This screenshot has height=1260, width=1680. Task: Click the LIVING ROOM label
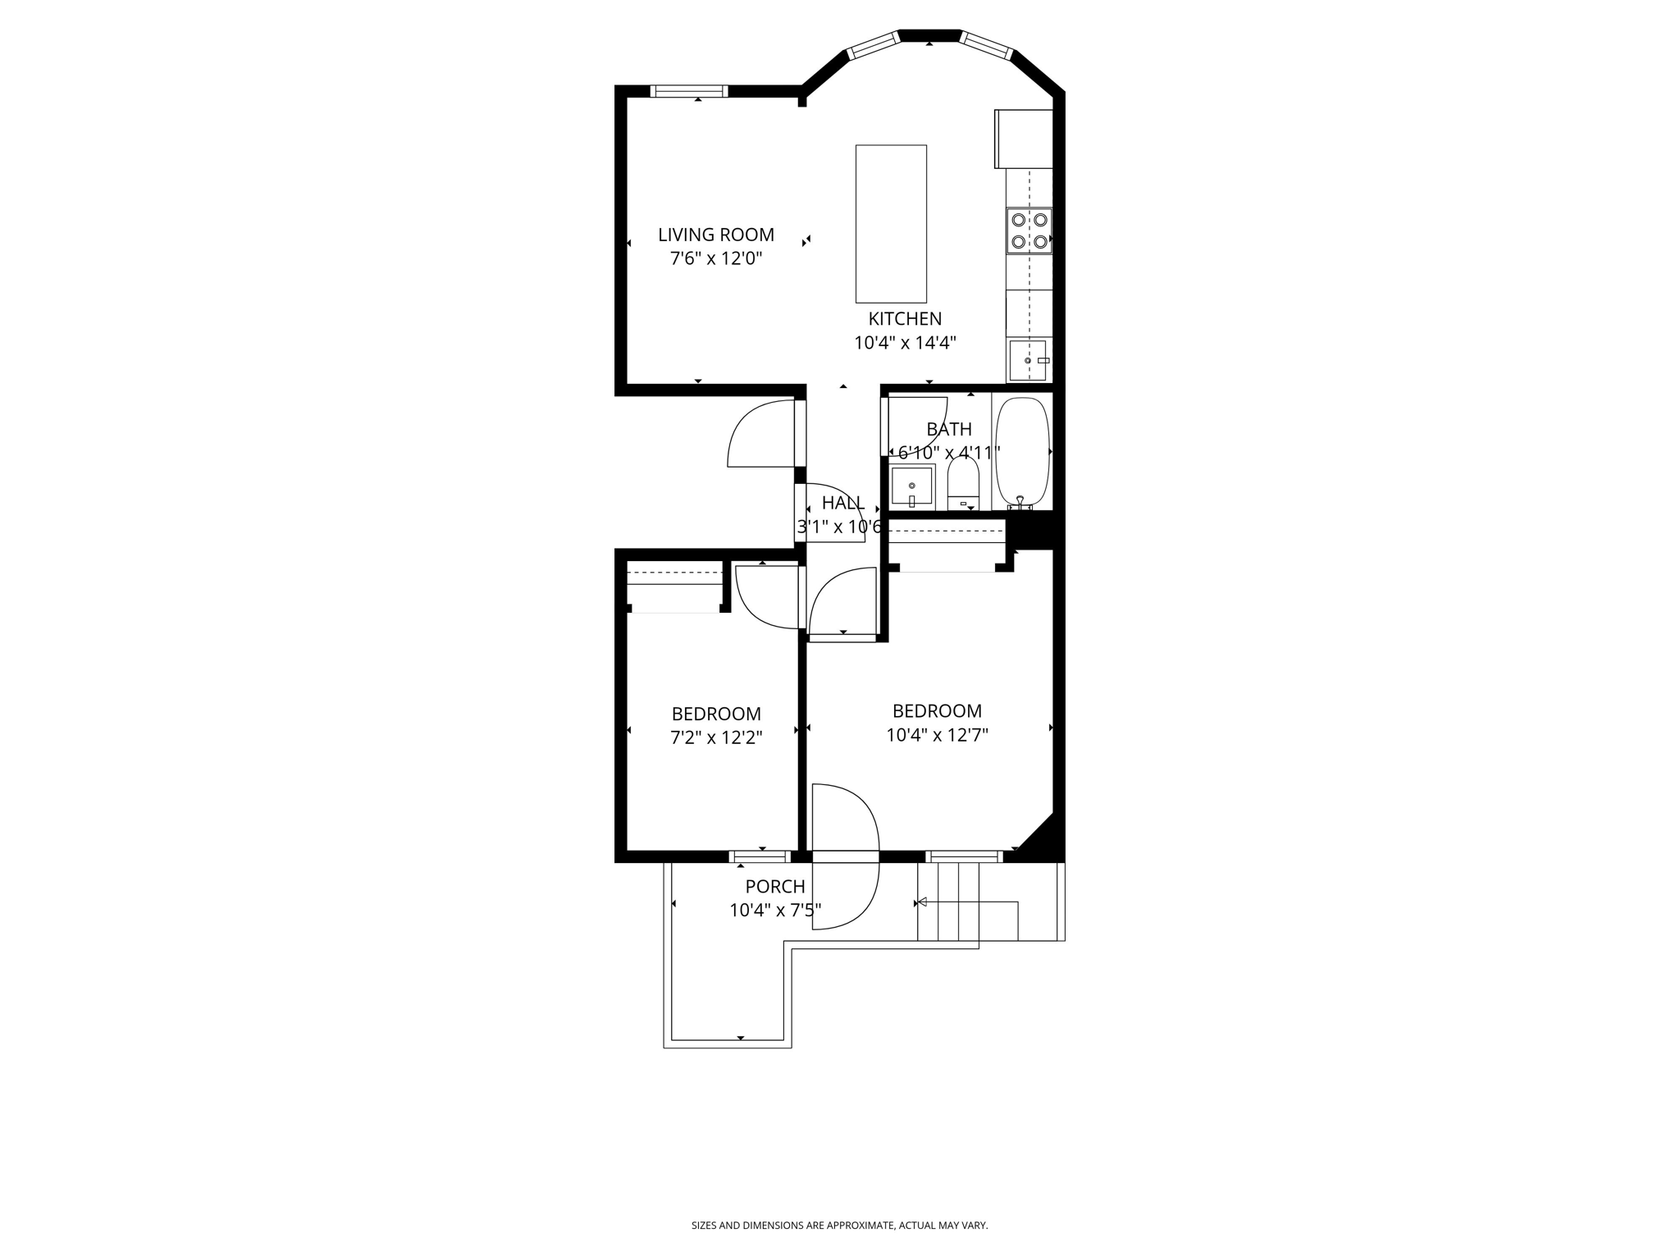click(715, 235)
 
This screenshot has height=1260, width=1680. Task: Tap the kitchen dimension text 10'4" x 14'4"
click(905, 343)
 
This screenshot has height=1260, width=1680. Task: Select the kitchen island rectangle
click(891, 224)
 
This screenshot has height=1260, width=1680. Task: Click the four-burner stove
click(1029, 231)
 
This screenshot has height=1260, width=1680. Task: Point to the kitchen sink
click(1028, 360)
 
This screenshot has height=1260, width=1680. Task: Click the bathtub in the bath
click(1022, 451)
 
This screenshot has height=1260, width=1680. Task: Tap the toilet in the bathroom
click(963, 482)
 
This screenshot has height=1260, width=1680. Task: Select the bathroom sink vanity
click(911, 486)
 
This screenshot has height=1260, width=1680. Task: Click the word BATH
click(949, 429)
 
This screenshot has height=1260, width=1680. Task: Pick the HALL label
click(842, 503)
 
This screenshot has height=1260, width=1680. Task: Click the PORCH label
click(774, 887)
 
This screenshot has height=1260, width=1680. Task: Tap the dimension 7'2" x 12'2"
click(716, 737)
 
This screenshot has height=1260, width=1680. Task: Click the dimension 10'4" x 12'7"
click(937, 735)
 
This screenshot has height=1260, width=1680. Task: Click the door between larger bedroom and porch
click(845, 856)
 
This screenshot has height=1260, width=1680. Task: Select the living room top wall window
click(689, 91)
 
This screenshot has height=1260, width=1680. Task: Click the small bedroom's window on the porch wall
click(760, 856)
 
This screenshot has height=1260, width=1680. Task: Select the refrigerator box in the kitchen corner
click(1024, 138)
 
